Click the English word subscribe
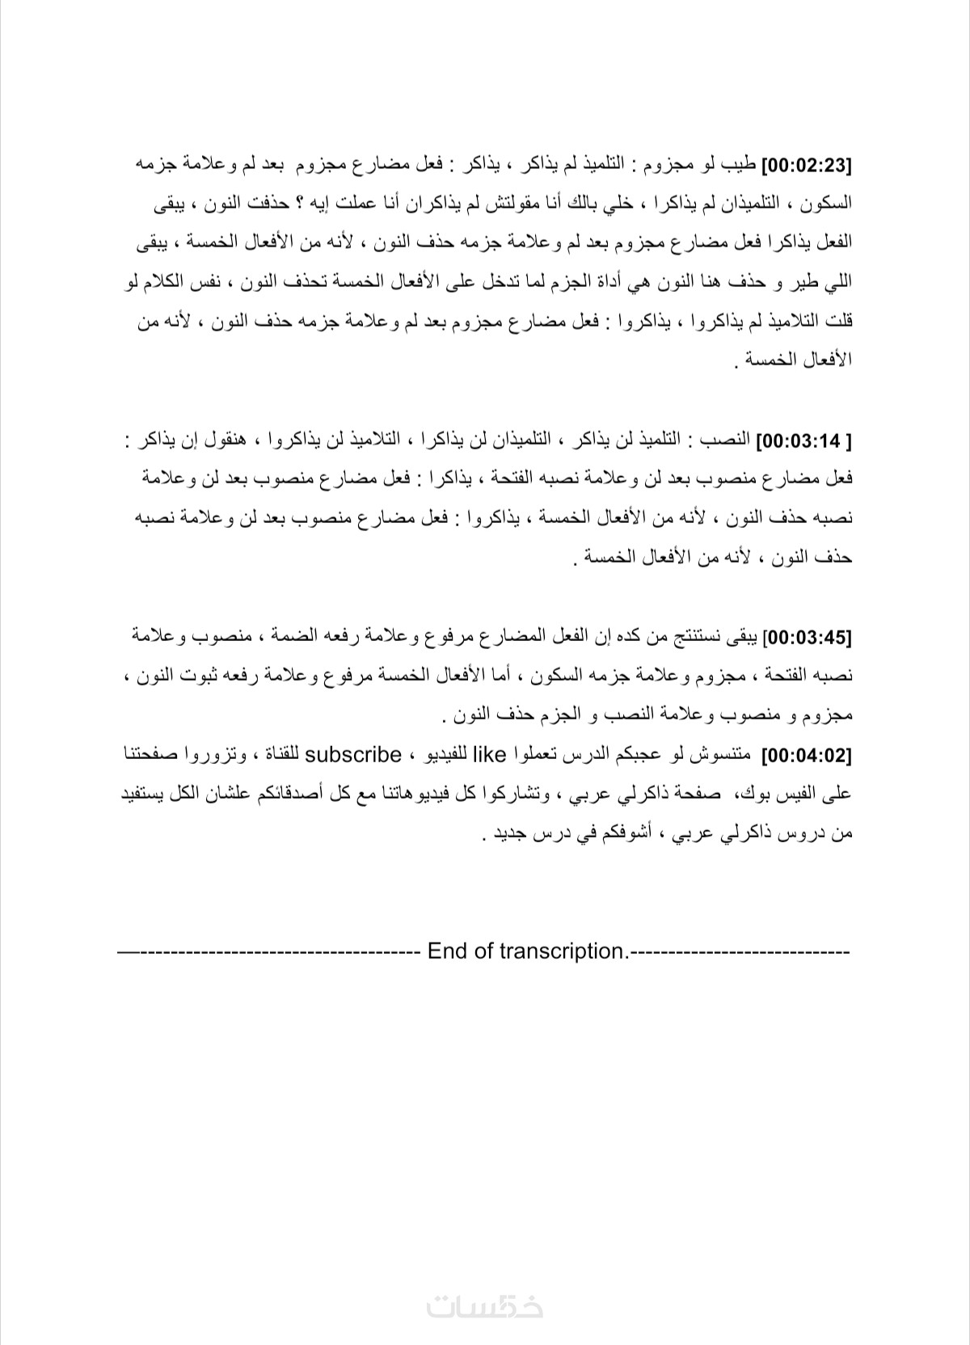point(353,755)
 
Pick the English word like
point(489,755)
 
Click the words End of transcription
point(526,951)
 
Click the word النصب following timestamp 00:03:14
point(730,441)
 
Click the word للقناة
point(278,756)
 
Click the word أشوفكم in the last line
point(630,833)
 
